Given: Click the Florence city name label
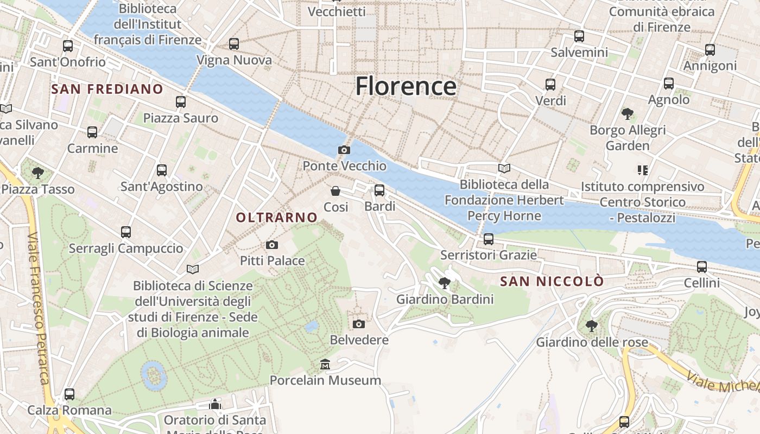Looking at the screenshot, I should click(406, 86).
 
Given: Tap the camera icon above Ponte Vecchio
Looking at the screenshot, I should click(344, 150).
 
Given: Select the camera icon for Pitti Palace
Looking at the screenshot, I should click(272, 245).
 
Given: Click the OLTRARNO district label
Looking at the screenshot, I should click(276, 218).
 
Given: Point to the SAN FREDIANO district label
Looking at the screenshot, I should click(107, 89).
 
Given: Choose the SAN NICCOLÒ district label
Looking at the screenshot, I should click(552, 282).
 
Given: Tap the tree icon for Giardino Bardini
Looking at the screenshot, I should click(445, 283).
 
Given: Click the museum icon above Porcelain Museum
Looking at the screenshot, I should click(325, 364).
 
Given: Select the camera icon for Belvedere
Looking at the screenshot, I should click(358, 324).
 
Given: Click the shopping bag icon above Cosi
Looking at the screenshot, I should click(335, 191).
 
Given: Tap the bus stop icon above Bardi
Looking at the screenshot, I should click(379, 190).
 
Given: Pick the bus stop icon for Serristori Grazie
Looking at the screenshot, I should click(488, 239).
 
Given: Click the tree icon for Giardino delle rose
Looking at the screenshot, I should click(592, 326).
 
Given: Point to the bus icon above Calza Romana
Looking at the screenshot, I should click(69, 394).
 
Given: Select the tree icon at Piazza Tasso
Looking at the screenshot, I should click(37, 173).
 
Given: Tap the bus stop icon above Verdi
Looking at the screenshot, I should click(550, 85).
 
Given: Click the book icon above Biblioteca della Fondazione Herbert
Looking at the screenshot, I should click(504, 169).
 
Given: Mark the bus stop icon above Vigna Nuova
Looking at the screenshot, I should click(234, 44).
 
